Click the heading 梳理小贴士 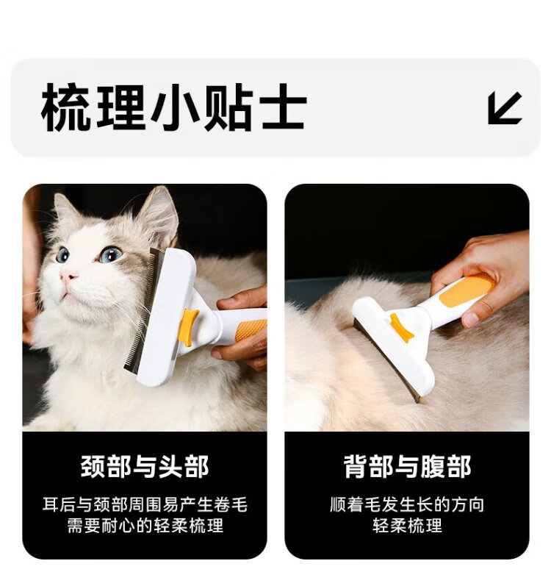point(173,107)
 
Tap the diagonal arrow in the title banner point(505,108)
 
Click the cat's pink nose point(68,277)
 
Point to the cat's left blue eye point(62,254)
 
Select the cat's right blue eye point(110,254)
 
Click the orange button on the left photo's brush point(187,327)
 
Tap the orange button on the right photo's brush point(400,326)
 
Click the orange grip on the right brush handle point(466,290)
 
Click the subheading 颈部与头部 point(145,467)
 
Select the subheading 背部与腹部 point(407,467)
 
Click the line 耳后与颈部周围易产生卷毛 point(145,504)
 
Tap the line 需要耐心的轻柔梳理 point(145,526)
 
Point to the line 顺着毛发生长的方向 point(407,504)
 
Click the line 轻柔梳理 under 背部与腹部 point(407,526)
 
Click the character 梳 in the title point(65,107)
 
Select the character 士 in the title point(283,107)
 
